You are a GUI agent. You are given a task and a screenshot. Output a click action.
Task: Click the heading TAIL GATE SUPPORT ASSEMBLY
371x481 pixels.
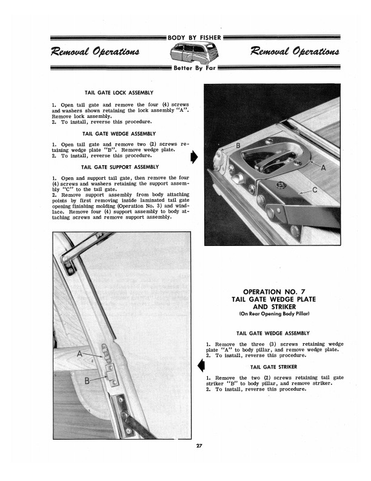(120, 166)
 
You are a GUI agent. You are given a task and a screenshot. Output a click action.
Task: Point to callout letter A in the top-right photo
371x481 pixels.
(324, 167)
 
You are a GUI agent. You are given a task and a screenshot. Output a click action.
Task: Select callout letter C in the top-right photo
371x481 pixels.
(314, 189)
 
